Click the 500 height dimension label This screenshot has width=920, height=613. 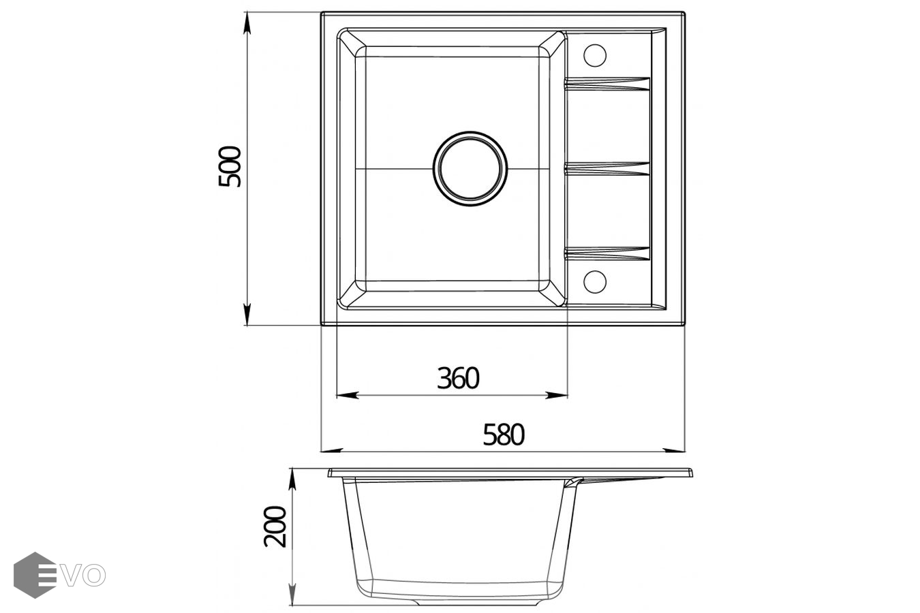(230, 166)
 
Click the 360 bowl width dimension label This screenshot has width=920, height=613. (458, 378)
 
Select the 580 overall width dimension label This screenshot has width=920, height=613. (504, 435)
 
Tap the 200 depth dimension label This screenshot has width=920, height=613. (275, 526)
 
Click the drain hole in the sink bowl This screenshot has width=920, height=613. (470, 169)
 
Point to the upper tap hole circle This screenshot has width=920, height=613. (595, 55)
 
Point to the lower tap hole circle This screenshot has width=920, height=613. (595, 282)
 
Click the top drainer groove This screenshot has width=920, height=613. (607, 84)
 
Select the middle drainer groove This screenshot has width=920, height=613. (607, 169)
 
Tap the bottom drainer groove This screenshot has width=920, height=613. (607, 254)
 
